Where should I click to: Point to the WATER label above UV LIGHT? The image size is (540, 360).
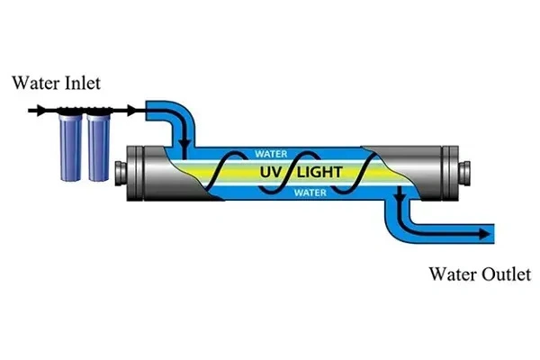272,153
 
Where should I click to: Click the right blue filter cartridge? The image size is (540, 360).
97,145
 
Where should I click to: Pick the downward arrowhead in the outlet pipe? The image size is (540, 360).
393,211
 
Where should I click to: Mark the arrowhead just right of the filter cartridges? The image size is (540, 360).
132,110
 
